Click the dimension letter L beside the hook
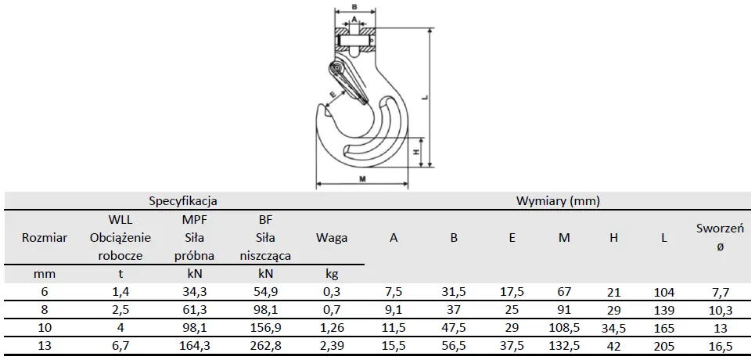click(x=424, y=96)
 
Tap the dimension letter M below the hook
click(x=362, y=178)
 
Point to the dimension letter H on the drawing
click(x=417, y=152)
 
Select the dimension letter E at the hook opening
click(x=333, y=95)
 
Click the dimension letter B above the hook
click(x=354, y=7)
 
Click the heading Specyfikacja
click(x=183, y=200)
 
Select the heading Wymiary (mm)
click(x=558, y=200)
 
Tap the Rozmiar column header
click(x=45, y=237)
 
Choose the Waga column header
click(x=332, y=238)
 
